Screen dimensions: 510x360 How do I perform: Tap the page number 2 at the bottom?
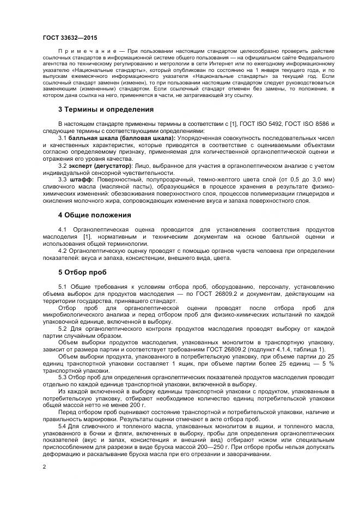point(44,466)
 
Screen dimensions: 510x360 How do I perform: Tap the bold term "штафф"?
point(81,179)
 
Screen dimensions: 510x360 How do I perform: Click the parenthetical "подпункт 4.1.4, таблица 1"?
point(288,349)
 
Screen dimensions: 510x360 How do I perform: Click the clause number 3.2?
point(63,165)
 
